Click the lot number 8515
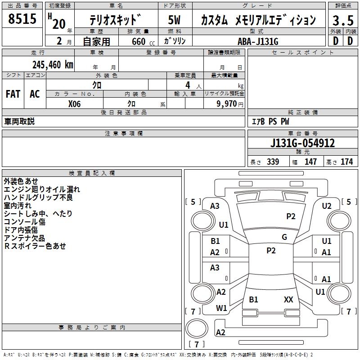coord(22,19)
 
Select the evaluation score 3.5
coord(342,20)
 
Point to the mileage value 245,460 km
coord(53,64)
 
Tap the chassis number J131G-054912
coord(302,143)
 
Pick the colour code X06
coord(74,103)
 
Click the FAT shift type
coord(13,94)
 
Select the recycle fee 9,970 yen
coord(225,103)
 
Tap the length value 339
coord(272,162)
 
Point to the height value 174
coord(346,162)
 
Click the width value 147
coord(310,162)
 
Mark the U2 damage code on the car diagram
coord(327,206)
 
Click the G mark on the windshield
coord(284,237)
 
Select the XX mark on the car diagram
coord(288,299)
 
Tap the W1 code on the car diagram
coord(221,308)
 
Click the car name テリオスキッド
coord(115,20)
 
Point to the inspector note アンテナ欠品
coord(24,238)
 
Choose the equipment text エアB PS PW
coord(270,121)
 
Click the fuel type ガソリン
coord(175,41)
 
